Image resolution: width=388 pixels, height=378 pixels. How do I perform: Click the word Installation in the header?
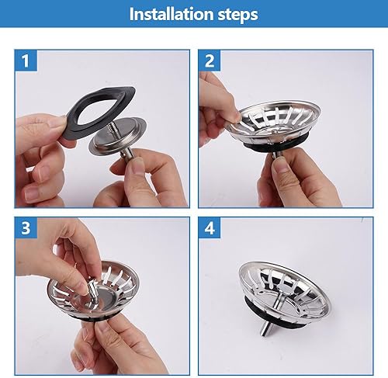[171, 14]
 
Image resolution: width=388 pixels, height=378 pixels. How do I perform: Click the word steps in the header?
[238, 15]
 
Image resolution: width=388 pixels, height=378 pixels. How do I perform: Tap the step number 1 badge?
[26, 61]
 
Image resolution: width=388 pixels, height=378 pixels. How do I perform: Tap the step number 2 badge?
[210, 61]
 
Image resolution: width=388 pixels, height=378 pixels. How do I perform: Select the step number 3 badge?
[26, 227]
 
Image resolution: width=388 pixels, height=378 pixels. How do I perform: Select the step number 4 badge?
[210, 227]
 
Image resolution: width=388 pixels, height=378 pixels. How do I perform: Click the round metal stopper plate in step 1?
[118, 137]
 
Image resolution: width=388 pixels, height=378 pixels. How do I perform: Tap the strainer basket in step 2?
[274, 122]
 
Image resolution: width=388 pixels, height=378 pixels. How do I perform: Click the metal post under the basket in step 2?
[277, 154]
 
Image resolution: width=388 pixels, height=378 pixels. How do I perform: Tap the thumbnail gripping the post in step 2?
[279, 165]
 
